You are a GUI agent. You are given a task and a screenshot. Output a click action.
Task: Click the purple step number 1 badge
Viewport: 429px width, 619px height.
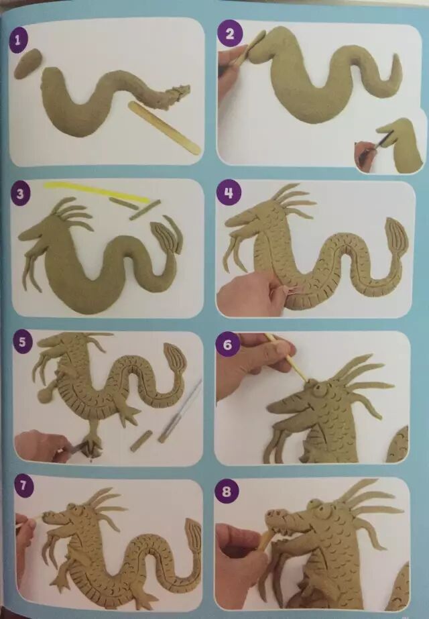(x=17, y=41)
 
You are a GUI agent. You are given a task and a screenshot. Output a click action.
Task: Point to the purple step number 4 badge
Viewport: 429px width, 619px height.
(x=229, y=193)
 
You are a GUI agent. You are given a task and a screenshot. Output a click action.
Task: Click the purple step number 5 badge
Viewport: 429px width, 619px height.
(x=22, y=341)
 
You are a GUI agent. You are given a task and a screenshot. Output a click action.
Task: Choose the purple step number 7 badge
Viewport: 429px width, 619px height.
(x=23, y=485)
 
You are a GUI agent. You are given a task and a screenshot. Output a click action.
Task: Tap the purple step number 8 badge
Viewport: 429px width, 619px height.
(x=226, y=492)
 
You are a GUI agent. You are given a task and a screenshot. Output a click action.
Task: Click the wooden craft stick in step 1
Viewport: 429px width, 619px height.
(x=165, y=127)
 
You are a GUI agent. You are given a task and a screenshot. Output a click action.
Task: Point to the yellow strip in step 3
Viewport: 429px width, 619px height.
(x=97, y=191)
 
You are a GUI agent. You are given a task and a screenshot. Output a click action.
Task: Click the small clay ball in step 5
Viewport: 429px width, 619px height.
(x=44, y=393)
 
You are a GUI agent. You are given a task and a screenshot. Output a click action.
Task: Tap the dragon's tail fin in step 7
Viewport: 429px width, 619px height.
(x=192, y=537)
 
